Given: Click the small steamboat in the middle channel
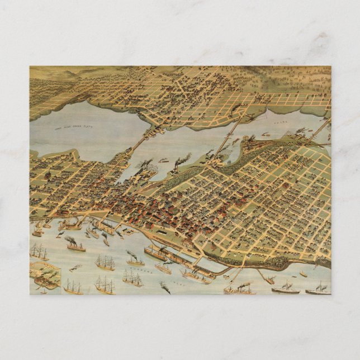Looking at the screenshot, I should pyautogui.click(x=163, y=160).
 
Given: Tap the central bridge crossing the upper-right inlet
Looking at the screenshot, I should pyautogui.click(x=230, y=133).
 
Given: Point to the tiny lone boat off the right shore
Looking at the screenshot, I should pyautogui.click(x=303, y=274).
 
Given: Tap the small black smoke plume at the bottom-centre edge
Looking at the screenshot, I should pyautogui.click(x=165, y=288).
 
